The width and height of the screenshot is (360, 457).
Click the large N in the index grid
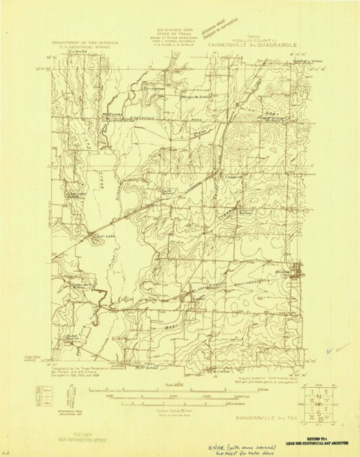(x=318, y=394)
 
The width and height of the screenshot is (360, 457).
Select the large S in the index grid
(x=318, y=407)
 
